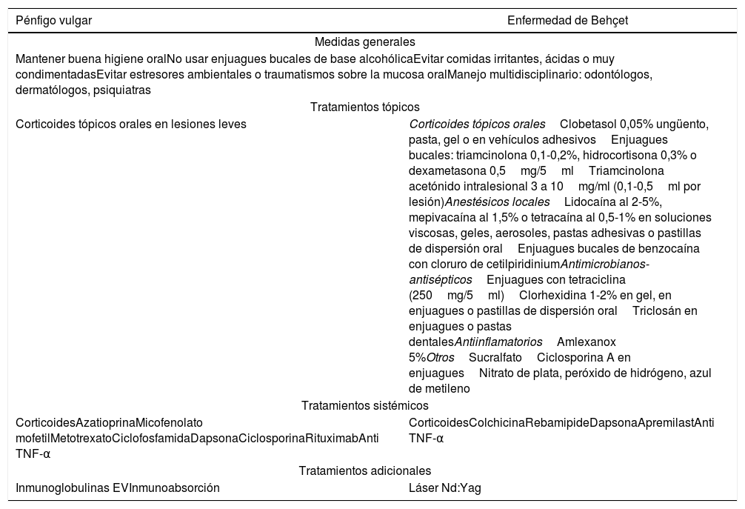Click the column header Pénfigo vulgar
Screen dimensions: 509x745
click(x=54, y=21)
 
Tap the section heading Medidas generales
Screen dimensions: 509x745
click(x=364, y=41)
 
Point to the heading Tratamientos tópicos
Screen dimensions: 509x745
click(x=365, y=107)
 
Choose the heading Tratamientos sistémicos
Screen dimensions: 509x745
click(x=365, y=405)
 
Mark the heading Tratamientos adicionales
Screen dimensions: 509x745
click(x=365, y=470)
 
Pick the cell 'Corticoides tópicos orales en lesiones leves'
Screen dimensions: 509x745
click(x=131, y=124)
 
